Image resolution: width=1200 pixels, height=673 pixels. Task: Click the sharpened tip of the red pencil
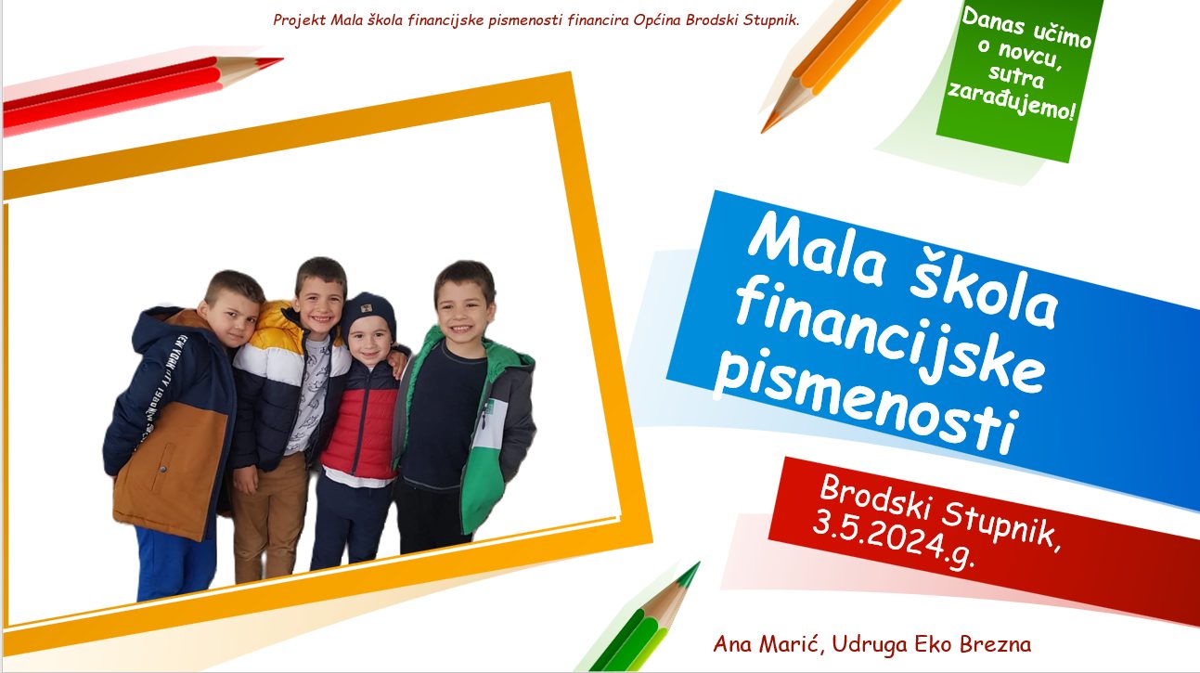282,58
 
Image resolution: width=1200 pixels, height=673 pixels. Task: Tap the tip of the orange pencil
762,131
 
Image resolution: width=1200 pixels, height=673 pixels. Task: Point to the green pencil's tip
699,563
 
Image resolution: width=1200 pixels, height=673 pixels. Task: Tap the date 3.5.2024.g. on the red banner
893,542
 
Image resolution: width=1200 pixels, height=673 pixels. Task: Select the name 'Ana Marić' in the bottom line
768,643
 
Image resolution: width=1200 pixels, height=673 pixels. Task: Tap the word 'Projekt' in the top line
300,20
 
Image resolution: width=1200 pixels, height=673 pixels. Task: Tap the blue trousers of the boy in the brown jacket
174,563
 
